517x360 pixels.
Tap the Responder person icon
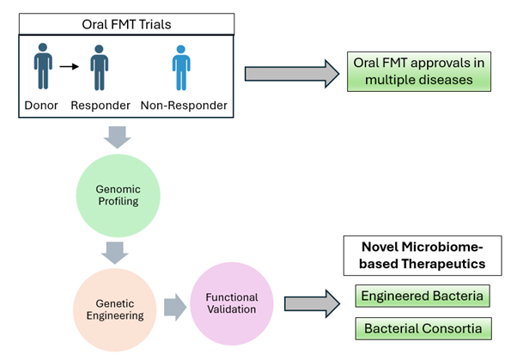pyautogui.click(x=100, y=68)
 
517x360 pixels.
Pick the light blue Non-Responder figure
pyautogui.click(x=180, y=68)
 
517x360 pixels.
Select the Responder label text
pyautogui.click(x=100, y=106)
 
